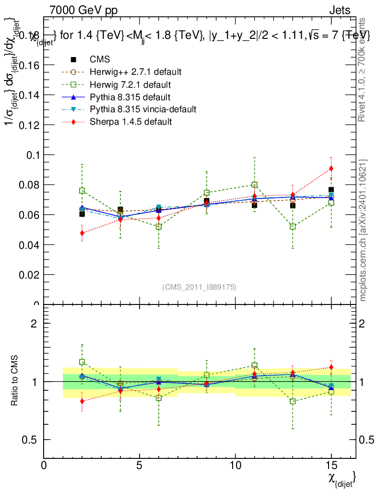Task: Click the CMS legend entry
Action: (x=100, y=59)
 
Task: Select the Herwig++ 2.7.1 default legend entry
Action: (x=135, y=72)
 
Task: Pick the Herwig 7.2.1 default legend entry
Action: (x=131, y=84)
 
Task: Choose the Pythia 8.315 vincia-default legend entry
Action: (x=143, y=109)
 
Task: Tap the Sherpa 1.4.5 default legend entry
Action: (x=131, y=122)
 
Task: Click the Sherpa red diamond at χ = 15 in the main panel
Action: (x=331, y=168)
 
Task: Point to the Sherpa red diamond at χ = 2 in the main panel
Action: (x=82, y=233)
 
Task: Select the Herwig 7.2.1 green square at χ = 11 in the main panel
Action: (x=255, y=185)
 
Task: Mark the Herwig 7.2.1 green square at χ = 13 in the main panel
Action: (x=293, y=226)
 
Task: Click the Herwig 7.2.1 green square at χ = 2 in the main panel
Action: (x=82, y=190)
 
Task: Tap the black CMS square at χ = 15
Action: (x=331, y=190)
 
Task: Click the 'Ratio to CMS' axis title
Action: (x=15, y=381)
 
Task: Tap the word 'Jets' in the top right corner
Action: (x=340, y=10)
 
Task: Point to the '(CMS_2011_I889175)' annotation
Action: (x=199, y=287)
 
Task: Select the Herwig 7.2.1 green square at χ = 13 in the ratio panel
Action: (x=293, y=401)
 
